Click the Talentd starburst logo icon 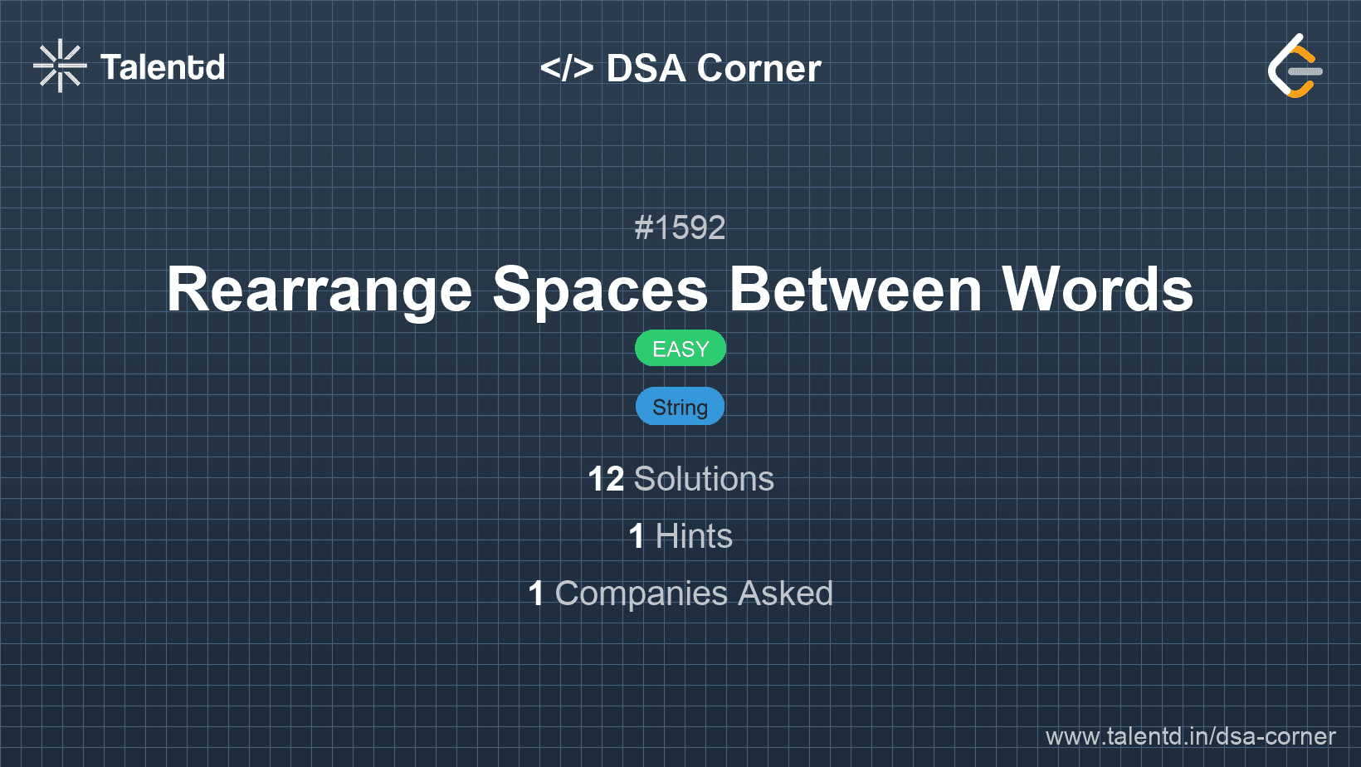[x=60, y=66]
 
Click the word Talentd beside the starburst [x=163, y=66]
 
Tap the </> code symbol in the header [x=566, y=67]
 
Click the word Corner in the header [x=759, y=67]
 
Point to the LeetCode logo [x=1295, y=66]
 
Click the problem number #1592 [x=680, y=228]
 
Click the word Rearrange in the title [x=320, y=290]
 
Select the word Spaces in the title [x=600, y=290]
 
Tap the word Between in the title [x=855, y=290]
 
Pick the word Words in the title [x=1097, y=290]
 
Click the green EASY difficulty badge [x=680, y=349]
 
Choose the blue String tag [x=680, y=406]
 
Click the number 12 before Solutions [x=606, y=479]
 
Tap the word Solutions [x=704, y=479]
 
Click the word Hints [x=694, y=536]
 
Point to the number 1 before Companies [x=535, y=594]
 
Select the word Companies [x=641, y=594]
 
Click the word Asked [x=785, y=594]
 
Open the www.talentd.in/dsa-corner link [x=1190, y=736]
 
